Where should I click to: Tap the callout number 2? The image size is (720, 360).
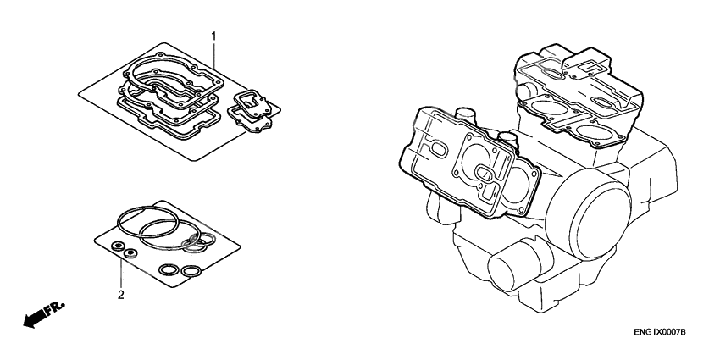pyautogui.click(x=121, y=296)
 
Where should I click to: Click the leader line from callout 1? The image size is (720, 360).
pyautogui.click(x=213, y=64)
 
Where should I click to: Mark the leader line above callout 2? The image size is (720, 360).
pyautogui.click(x=121, y=273)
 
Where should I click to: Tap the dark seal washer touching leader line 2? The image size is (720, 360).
pyautogui.click(x=130, y=252)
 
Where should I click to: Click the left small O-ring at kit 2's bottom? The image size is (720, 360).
pyautogui.click(x=169, y=270)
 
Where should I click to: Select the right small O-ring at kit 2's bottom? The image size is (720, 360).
pyautogui.click(x=192, y=271)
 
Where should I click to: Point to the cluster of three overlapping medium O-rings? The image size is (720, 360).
pyautogui.click(x=197, y=244)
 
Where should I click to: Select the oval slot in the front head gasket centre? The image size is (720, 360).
pyautogui.click(x=488, y=173)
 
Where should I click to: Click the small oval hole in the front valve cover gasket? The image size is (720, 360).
pyautogui.click(x=438, y=149)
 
